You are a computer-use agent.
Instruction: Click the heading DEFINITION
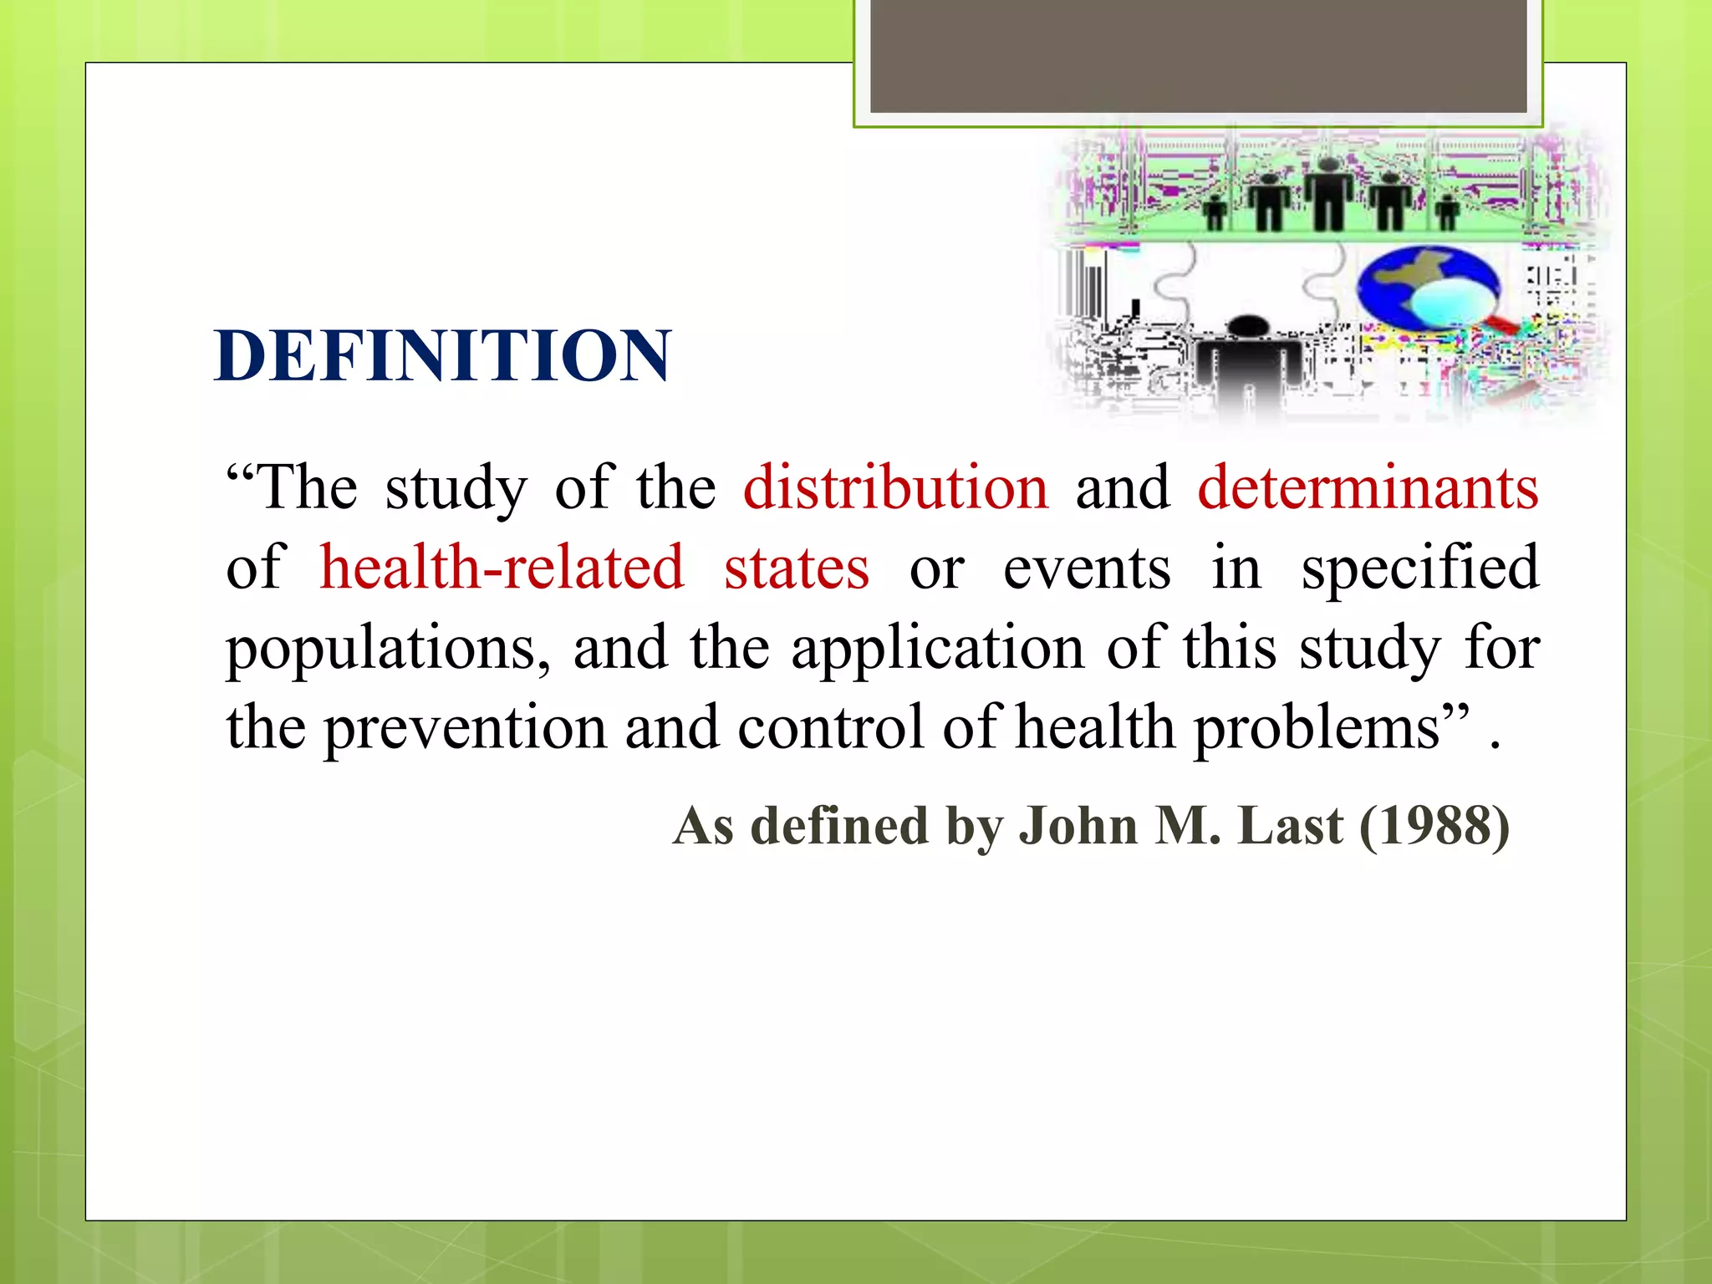coord(442,356)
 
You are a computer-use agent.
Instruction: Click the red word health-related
coord(502,568)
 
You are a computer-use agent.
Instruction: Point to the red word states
coord(797,568)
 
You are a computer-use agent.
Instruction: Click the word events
coord(1087,568)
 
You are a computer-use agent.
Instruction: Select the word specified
coord(1420,568)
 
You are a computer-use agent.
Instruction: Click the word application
coord(938,648)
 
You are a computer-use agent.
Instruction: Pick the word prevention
coord(466,727)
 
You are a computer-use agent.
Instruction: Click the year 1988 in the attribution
coord(1434,826)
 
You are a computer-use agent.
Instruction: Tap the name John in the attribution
coord(1078,826)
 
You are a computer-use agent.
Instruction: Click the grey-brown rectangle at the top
coord(1198,55)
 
